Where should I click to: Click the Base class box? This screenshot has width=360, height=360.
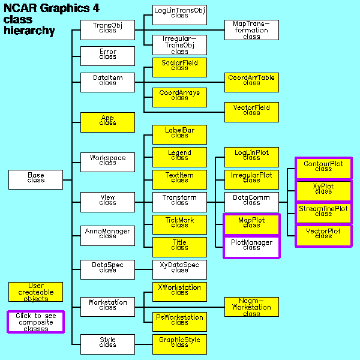[x=35, y=179]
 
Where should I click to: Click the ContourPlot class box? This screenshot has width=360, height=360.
[x=323, y=168]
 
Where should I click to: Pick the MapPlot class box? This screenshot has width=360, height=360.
[x=251, y=224]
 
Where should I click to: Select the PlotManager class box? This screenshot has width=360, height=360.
[x=251, y=247]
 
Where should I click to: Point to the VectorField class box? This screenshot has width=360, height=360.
[x=251, y=112]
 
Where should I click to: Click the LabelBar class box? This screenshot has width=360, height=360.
[x=179, y=134]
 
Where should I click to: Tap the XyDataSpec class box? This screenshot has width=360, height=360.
[x=179, y=269]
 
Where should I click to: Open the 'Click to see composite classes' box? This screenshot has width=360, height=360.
[x=35, y=322]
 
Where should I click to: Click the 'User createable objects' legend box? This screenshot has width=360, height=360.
[x=35, y=292]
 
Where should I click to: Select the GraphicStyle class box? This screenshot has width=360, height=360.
[x=179, y=344]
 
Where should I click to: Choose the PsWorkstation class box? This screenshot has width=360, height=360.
[x=179, y=322]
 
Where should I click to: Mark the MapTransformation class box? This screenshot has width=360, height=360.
[x=251, y=29]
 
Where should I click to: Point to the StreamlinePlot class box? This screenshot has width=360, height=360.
[x=323, y=213]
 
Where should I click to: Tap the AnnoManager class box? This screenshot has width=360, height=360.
[x=107, y=236]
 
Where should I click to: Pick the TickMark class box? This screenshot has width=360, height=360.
[x=179, y=224]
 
